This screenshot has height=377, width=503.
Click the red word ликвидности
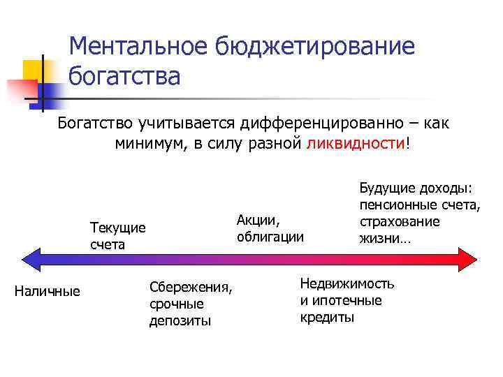[x=356, y=143]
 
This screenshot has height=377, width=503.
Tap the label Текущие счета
[x=118, y=236]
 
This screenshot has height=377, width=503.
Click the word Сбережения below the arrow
[x=191, y=288]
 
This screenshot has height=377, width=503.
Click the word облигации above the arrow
[x=270, y=237]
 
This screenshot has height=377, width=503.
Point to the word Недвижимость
[x=347, y=283]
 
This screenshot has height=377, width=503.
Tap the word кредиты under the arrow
[x=327, y=317]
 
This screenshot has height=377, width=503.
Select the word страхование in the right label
[x=400, y=221]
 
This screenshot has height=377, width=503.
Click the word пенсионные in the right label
[x=393, y=205]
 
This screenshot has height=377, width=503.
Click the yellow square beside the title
[x=33, y=70]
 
